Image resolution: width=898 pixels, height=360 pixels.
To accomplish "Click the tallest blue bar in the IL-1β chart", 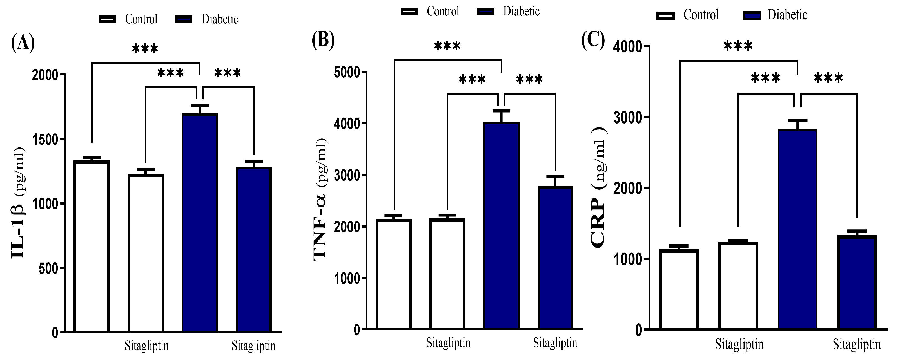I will pyautogui.click(x=200, y=223).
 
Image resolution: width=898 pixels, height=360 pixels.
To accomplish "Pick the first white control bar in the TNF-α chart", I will pyautogui.click(x=394, y=274).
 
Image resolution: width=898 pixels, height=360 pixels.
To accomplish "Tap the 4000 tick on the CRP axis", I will pyautogui.click(x=627, y=47).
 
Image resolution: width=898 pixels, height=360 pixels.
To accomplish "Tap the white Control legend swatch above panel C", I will pyautogui.click(x=665, y=16).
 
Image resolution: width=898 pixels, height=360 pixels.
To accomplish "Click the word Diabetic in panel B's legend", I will pyautogui.click(x=521, y=12).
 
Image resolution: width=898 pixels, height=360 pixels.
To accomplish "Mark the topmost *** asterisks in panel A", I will pyautogui.click(x=145, y=48).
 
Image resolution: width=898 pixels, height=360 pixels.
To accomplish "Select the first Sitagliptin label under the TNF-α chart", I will pyautogui.click(x=448, y=343).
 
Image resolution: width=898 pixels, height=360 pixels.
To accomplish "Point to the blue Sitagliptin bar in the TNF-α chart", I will pyautogui.click(x=555, y=258).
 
